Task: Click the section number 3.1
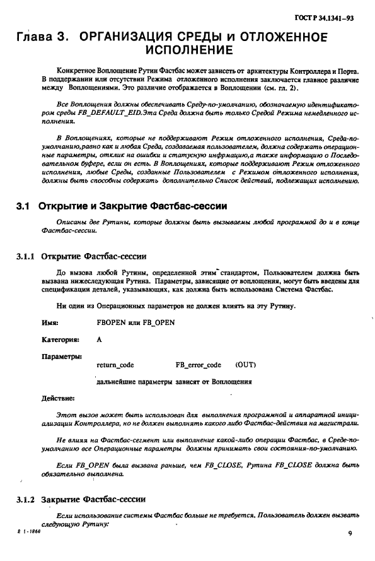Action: pyautogui.click(x=23, y=206)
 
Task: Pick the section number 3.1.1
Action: pyautogui.click(x=26, y=257)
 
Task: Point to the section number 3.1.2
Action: pyautogui.click(x=26, y=500)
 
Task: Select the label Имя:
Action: pyautogui.click(x=50, y=322)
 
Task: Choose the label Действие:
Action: pyautogui.click(x=58, y=399)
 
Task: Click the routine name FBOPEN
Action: pyautogui.click(x=111, y=322)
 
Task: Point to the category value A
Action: pyautogui.click(x=100, y=339)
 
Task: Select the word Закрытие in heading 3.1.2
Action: pyautogui.click(x=63, y=500)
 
